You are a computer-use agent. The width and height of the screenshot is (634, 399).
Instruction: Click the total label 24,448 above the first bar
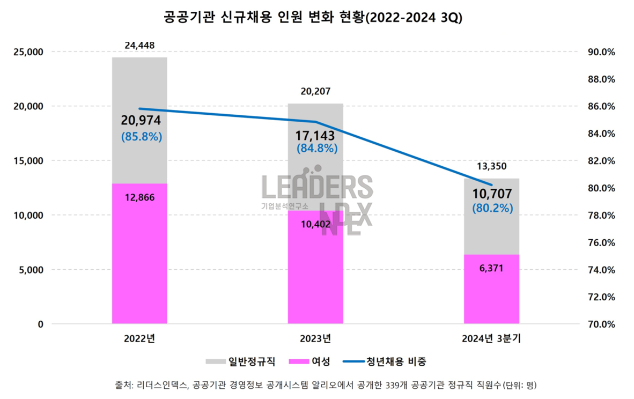[139, 46]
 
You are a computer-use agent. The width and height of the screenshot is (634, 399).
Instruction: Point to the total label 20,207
[315, 92]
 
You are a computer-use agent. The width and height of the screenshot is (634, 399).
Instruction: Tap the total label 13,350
[491, 167]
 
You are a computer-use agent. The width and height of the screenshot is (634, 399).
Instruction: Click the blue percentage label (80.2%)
[492, 208]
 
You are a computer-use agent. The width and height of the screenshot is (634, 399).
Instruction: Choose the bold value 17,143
[315, 135]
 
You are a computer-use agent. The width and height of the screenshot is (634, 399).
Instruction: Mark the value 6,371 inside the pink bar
[492, 268]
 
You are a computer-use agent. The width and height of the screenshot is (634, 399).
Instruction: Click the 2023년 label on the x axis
[315, 338]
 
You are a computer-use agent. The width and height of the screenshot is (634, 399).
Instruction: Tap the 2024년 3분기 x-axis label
[492, 338]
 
